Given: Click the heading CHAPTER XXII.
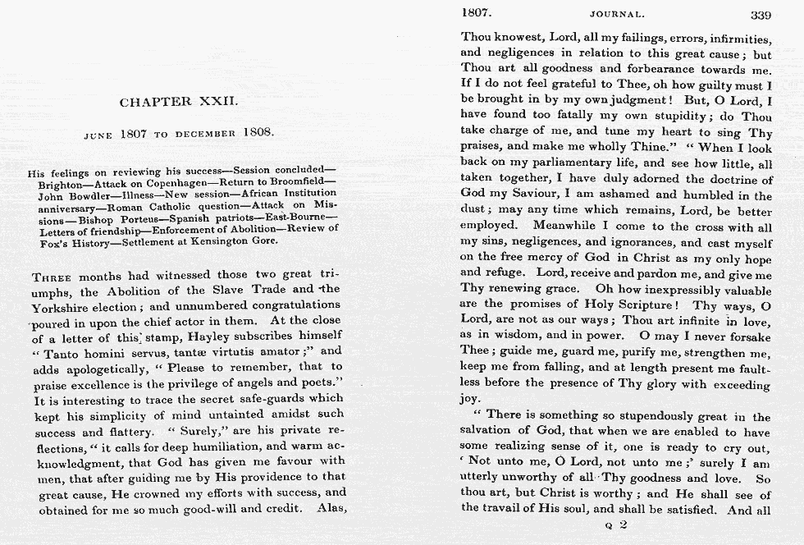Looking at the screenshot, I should [179, 103].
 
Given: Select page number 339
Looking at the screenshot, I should [760, 14].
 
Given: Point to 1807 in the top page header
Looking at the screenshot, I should [477, 13].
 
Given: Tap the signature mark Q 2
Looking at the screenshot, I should [615, 523].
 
